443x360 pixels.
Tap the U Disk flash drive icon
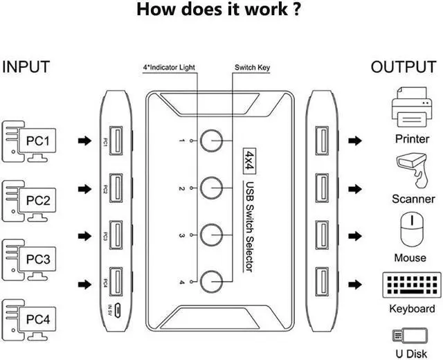coord(406,335)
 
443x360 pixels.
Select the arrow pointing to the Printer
coord(355,141)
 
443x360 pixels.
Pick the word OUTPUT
coord(404,67)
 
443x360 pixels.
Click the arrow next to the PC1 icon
coord(84,141)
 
